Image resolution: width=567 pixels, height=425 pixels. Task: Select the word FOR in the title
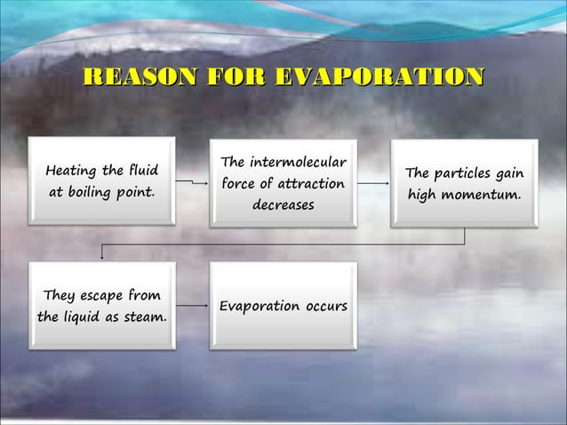click(239, 78)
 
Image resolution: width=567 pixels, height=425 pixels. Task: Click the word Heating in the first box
click(72, 170)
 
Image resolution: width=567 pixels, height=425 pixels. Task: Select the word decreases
click(283, 205)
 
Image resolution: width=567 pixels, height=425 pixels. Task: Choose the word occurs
click(325, 307)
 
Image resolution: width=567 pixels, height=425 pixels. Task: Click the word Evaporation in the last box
click(260, 307)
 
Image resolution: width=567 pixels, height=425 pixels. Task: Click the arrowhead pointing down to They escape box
click(102, 257)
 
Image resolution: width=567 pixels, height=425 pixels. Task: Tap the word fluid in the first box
click(142, 170)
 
